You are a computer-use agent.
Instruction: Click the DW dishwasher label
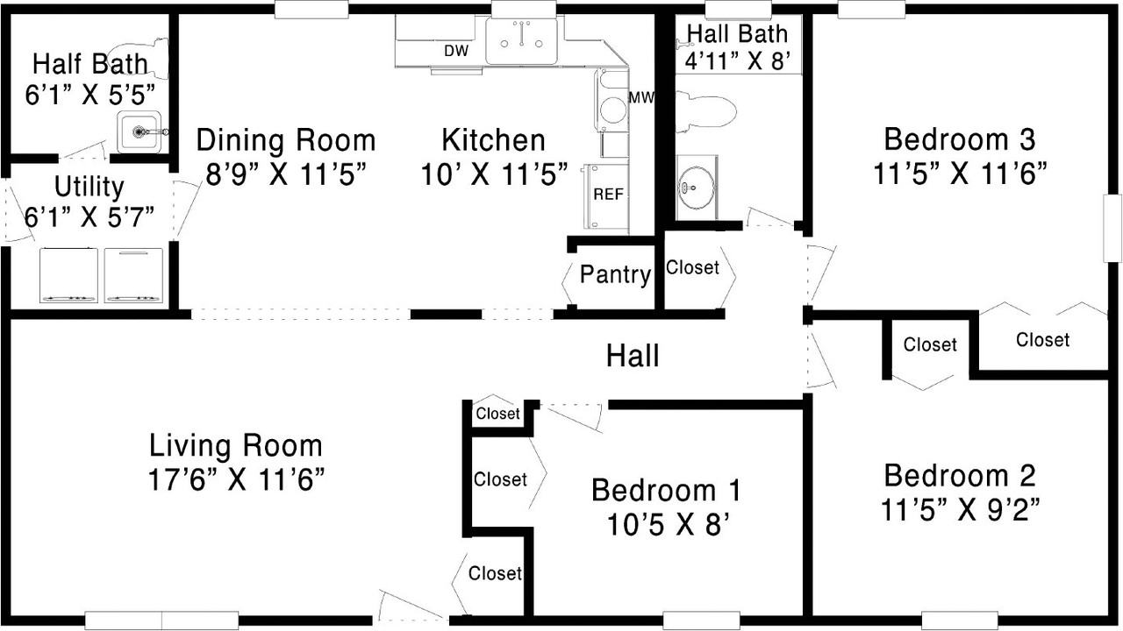pyautogui.click(x=456, y=51)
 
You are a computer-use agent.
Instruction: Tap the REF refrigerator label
pyautogui.click(x=608, y=194)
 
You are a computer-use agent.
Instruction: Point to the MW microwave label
pyautogui.click(x=641, y=97)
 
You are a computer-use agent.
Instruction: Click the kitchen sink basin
pyautogui.click(x=521, y=41)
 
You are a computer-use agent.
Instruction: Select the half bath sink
pyautogui.click(x=139, y=131)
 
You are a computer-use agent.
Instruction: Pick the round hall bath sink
pyautogui.click(x=696, y=188)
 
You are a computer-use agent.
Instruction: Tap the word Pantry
pyautogui.click(x=615, y=275)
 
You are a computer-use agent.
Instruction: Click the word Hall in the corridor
pyautogui.click(x=633, y=356)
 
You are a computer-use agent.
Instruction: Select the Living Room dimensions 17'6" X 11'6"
pyautogui.click(x=237, y=479)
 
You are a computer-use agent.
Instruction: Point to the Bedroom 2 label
pyautogui.click(x=960, y=476)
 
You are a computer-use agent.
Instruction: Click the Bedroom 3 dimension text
pyautogui.click(x=960, y=174)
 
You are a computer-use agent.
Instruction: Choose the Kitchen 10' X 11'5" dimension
pyautogui.click(x=494, y=174)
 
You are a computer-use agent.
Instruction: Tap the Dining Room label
pyautogui.click(x=286, y=139)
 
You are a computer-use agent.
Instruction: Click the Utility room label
pyautogui.click(x=89, y=188)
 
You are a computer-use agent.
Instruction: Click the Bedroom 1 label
pyautogui.click(x=666, y=490)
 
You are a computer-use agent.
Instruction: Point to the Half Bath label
pyautogui.click(x=90, y=64)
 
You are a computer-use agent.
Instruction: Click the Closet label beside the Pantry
pyautogui.click(x=692, y=267)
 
